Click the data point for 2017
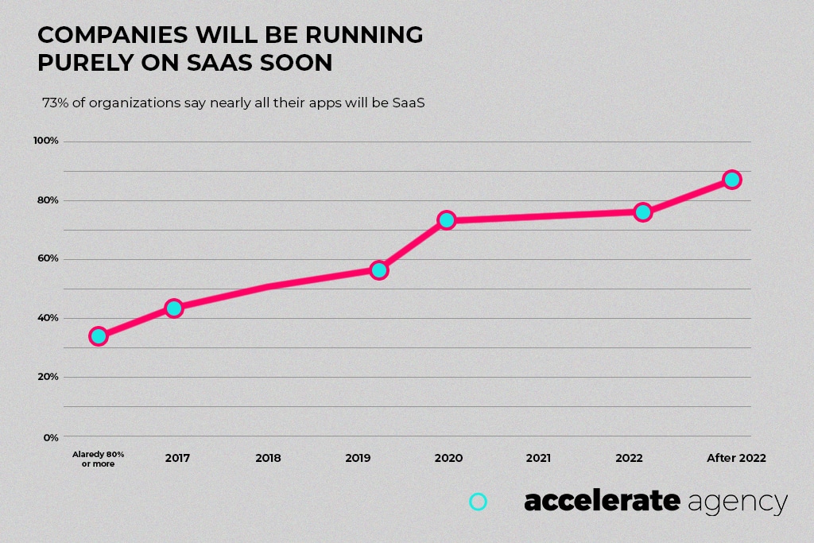[x=173, y=308]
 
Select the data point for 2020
[x=446, y=219]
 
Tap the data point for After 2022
[x=732, y=179]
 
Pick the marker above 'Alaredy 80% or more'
[x=99, y=335]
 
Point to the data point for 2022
[x=643, y=211]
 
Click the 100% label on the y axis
[x=46, y=141]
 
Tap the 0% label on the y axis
[x=50, y=436]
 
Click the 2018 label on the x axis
[x=269, y=458]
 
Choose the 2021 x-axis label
[x=538, y=458]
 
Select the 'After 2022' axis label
[x=736, y=458]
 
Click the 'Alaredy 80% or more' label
[x=98, y=459]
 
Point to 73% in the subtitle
[x=56, y=103]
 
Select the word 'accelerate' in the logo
[x=602, y=501]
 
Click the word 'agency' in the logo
[x=738, y=502]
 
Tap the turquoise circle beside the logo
[x=478, y=502]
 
